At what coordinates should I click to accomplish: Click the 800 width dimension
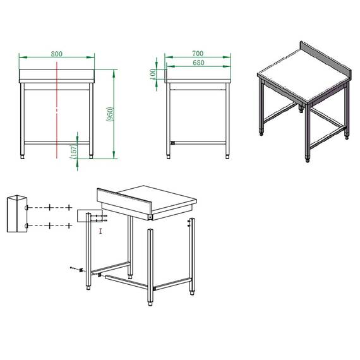tap(56, 54)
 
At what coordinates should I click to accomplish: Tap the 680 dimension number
tap(197, 63)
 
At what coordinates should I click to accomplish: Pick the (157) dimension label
tap(73, 152)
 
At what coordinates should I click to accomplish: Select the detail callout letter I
tap(101, 232)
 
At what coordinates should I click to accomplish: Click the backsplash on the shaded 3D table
tap(325, 57)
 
